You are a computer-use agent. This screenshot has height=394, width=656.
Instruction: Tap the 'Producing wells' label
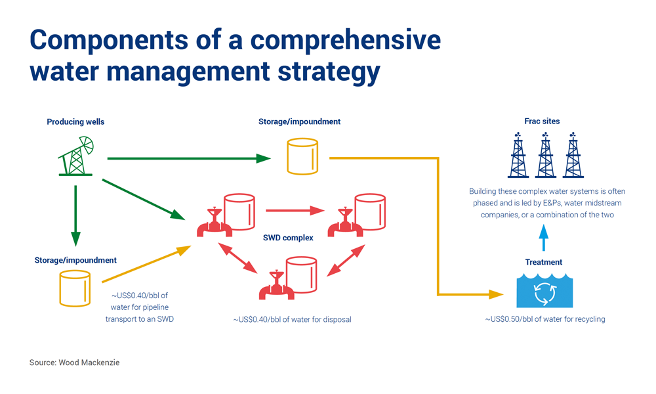[x=75, y=122]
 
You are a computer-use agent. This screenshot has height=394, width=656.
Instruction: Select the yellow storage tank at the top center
[x=302, y=156]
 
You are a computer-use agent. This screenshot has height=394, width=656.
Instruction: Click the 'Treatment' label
[x=544, y=262]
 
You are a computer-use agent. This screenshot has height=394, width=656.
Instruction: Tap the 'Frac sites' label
[x=542, y=121]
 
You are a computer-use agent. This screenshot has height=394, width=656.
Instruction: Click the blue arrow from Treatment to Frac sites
[x=543, y=238]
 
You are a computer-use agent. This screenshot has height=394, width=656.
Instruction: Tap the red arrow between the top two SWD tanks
[x=295, y=211]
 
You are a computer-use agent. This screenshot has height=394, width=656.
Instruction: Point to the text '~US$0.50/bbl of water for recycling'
[x=544, y=320]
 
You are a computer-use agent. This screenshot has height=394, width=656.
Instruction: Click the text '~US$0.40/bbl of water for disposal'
[x=292, y=320]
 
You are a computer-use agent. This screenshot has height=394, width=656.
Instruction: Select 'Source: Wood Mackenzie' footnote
[x=74, y=362]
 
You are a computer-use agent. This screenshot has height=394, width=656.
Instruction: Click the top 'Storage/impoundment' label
[x=300, y=121]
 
